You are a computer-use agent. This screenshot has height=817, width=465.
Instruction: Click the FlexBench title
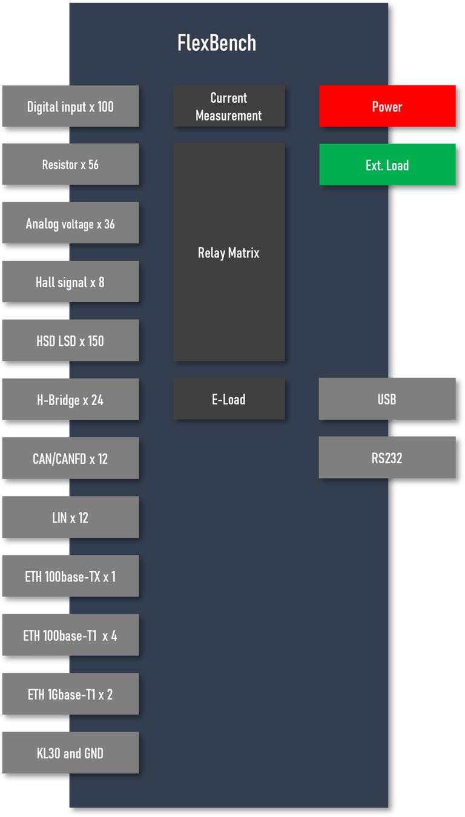pyautogui.click(x=217, y=43)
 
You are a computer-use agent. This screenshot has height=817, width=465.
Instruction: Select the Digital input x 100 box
pyautogui.click(x=70, y=107)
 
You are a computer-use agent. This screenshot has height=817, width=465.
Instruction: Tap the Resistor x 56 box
pyautogui.click(x=70, y=165)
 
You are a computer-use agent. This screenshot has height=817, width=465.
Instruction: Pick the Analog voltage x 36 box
pyautogui.click(x=70, y=223)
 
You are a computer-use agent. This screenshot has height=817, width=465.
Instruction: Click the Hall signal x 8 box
pyautogui.click(x=70, y=282)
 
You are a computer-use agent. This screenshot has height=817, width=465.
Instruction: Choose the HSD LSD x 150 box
pyautogui.click(x=70, y=341)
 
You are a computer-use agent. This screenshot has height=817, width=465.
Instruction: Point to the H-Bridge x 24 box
pyautogui.click(x=70, y=400)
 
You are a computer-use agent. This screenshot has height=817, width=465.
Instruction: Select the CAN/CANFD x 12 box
pyautogui.click(x=70, y=458)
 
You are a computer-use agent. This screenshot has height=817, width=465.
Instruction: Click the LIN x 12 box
pyautogui.click(x=70, y=517)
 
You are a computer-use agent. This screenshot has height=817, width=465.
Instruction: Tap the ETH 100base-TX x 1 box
pyautogui.click(x=70, y=577)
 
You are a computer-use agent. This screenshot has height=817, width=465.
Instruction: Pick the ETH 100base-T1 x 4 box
pyautogui.click(x=70, y=635)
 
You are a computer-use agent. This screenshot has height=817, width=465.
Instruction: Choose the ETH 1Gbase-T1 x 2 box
pyautogui.click(x=70, y=694)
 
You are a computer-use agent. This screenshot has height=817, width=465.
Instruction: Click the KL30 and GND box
pyautogui.click(x=70, y=753)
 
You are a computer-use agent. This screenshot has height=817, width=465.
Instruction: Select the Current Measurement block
pyautogui.click(x=229, y=107)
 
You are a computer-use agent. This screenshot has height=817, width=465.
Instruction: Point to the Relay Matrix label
pyautogui.click(x=229, y=253)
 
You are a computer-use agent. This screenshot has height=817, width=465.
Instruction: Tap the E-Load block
pyautogui.click(x=229, y=399)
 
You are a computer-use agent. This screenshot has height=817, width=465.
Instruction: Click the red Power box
pyautogui.click(x=387, y=107)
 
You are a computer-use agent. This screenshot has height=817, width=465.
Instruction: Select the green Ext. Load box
pyautogui.click(x=387, y=165)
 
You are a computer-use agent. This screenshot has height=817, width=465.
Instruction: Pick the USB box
pyautogui.click(x=387, y=399)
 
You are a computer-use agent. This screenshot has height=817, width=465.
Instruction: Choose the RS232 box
pyautogui.click(x=387, y=458)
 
